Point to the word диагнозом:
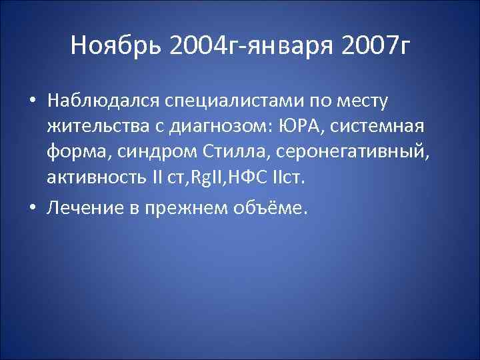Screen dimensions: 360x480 pos(219,127)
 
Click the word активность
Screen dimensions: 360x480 pos(93,177)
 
